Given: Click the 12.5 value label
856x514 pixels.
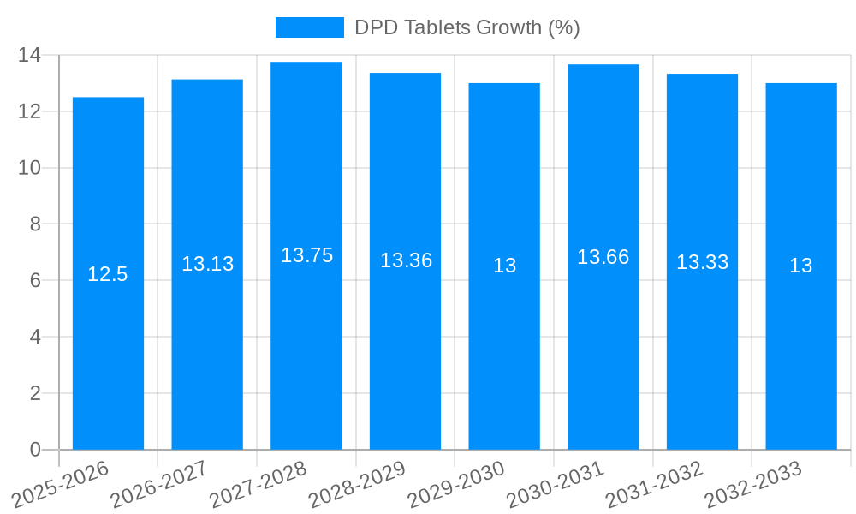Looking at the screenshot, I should coord(108,274).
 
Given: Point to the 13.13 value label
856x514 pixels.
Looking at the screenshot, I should coord(207,264).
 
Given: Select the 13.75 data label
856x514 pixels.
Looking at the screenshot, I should coord(306,255).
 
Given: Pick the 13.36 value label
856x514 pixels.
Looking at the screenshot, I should coord(406,260).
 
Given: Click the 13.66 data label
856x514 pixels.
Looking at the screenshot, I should coord(603,257).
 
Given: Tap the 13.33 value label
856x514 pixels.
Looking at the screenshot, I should coord(702,262).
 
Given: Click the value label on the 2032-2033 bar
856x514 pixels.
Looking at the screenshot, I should coord(800,266).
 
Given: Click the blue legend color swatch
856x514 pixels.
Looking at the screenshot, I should coord(309,27).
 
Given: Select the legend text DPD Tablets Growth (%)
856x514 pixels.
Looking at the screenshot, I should coord(467,27).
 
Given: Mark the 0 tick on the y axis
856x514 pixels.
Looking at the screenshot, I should coord(35,450).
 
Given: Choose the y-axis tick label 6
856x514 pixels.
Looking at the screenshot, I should coord(35,280).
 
